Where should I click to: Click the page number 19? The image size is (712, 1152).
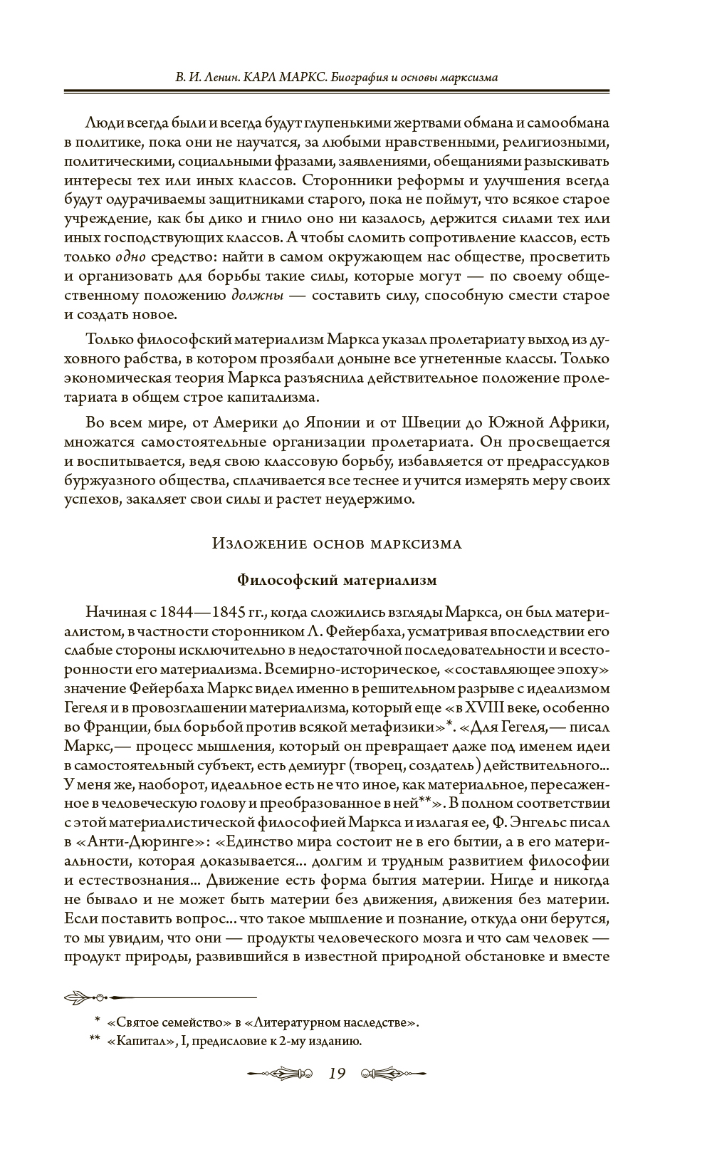[337, 1073]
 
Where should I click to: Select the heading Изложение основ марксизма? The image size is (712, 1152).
[337, 544]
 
